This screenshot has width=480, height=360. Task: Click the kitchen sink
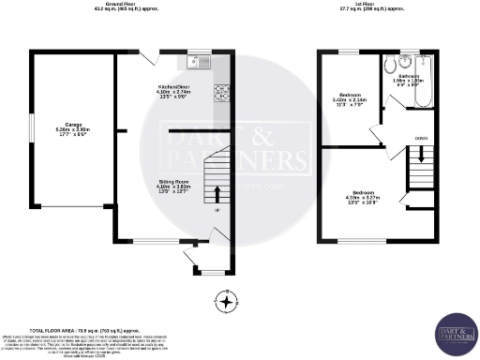point(201,62)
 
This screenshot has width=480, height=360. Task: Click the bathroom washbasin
point(387,65)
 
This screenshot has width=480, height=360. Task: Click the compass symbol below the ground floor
point(225,301)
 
